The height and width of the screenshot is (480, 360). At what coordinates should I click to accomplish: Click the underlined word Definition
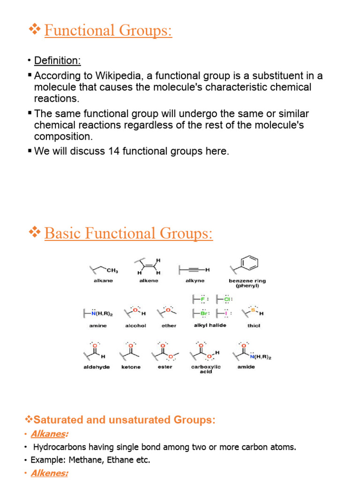pos(57,60)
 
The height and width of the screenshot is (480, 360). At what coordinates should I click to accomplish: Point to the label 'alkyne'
pos(193,281)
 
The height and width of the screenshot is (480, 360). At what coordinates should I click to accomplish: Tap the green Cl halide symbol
pos(227,299)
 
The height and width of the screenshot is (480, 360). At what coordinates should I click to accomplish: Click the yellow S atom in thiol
pos(253,310)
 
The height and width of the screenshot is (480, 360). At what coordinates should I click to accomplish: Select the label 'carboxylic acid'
pos(206,369)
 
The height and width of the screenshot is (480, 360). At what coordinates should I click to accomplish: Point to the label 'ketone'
pos(131,367)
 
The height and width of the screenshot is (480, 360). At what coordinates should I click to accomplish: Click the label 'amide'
pos(246,367)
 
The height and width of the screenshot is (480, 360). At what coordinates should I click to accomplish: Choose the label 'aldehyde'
pos(97,367)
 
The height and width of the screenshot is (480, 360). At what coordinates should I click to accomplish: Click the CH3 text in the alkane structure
pos(112,270)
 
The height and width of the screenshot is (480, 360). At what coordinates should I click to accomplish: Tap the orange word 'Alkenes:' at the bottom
pos(50,473)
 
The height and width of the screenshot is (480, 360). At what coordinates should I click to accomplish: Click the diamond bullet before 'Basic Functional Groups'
pos(35,232)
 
